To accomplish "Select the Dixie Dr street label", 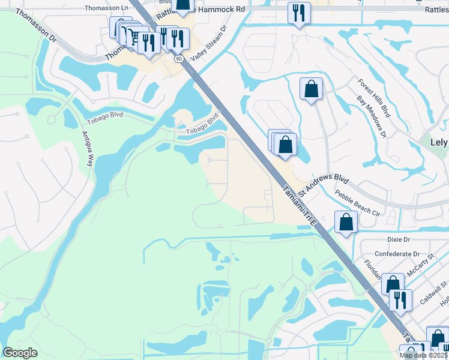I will [x=398, y=239].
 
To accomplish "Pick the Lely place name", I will [x=439, y=142].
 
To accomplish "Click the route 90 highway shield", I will [x=179, y=59].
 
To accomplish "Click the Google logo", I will [x=20, y=353].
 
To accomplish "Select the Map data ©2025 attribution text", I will [x=424, y=355].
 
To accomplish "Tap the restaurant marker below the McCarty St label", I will [x=400, y=300].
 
